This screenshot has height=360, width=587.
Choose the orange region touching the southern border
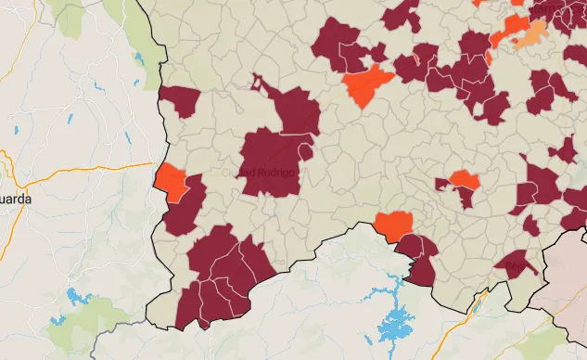click(x=393, y=225)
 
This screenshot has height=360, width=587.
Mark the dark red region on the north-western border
click(x=180, y=100)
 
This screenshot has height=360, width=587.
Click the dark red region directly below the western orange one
click(x=185, y=212)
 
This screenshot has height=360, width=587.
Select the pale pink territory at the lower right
click(x=568, y=278)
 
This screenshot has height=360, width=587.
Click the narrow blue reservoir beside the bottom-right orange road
click(x=479, y=301)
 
